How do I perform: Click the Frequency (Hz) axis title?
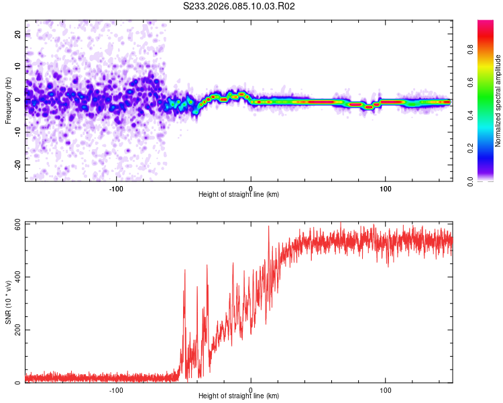coord(8,100)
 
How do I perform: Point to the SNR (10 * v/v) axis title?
coord(8,302)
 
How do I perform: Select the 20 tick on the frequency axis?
coord(18,34)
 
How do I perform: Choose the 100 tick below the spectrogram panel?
coord(386,188)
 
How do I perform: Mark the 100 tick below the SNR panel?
coord(386,390)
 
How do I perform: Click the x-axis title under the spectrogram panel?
coord(239,195)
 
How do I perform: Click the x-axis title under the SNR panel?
coord(239,396)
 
